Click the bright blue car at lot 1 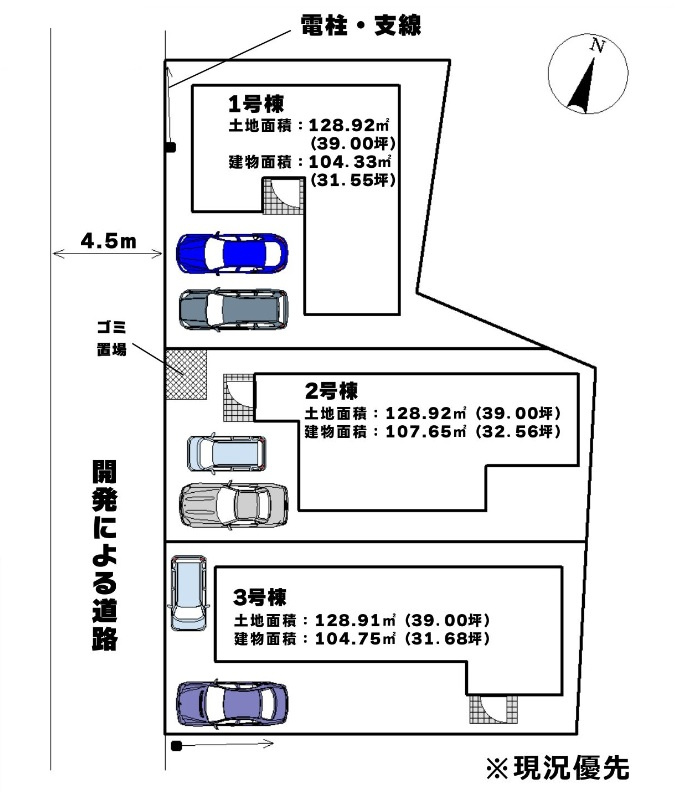click(232, 253)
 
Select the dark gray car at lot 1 click(234, 309)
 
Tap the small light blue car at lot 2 click(227, 453)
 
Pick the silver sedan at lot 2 click(234, 505)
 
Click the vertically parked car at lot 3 click(189, 593)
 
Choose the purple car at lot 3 click(232, 704)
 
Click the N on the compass click(598, 46)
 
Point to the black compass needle click(583, 86)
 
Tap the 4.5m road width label click(109, 240)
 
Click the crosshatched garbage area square click(186, 374)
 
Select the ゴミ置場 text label click(112, 338)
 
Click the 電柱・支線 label click(361, 25)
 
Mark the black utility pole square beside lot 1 click(171, 147)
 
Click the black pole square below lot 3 click(176, 746)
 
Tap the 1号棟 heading click(256, 104)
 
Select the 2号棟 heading click(331, 390)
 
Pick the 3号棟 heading click(260, 597)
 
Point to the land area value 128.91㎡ click(355, 620)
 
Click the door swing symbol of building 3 click(493, 709)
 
